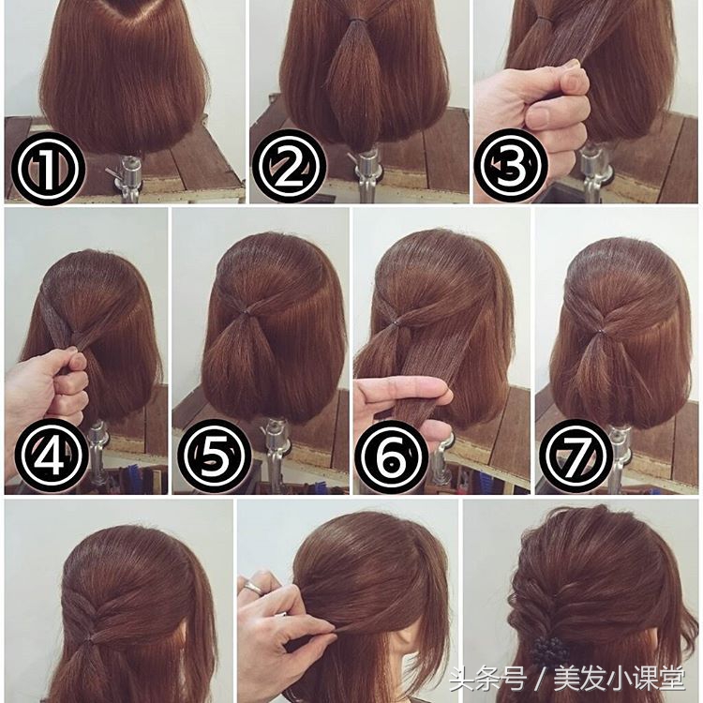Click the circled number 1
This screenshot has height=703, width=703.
pyautogui.click(x=48, y=168)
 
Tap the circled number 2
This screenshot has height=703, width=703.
pyautogui.click(x=290, y=166)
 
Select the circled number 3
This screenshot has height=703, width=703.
pyautogui.click(x=511, y=165)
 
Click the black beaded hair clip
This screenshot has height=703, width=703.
pyautogui.click(x=549, y=651)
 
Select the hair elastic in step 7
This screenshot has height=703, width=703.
pyautogui.click(x=601, y=332)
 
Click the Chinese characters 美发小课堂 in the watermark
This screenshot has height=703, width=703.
pyautogui.click(x=620, y=679)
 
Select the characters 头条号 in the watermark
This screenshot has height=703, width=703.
pyautogui.click(x=487, y=679)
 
